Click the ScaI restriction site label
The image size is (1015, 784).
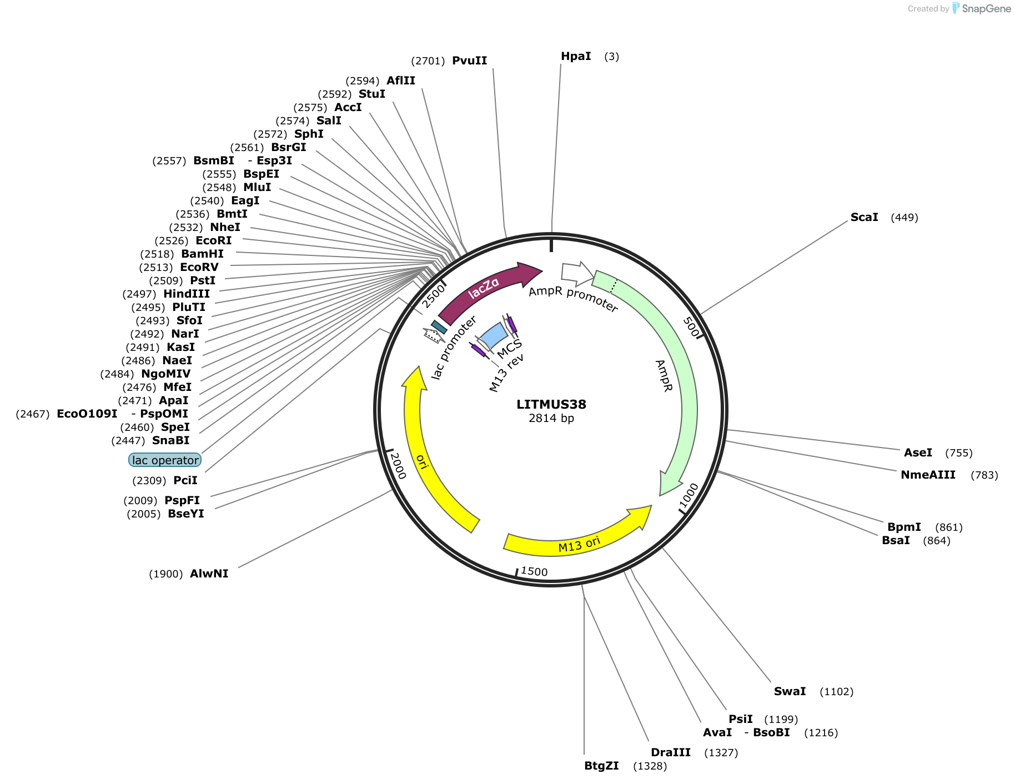click(x=864, y=217)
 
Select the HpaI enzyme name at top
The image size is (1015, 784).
click(x=576, y=56)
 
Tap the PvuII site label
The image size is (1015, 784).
click(x=469, y=61)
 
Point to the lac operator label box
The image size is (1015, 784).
click(x=165, y=460)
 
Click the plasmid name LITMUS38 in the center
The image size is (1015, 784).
click(x=551, y=404)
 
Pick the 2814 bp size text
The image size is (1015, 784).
click(x=551, y=418)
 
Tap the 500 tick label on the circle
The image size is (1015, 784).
click(x=691, y=326)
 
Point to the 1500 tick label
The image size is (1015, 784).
click(x=534, y=571)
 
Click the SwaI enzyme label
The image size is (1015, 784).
click(x=790, y=691)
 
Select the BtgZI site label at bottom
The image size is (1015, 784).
click(x=601, y=766)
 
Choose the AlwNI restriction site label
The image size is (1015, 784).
click(x=209, y=574)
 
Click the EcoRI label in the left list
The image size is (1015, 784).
click(x=213, y=240)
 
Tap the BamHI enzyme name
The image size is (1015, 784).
click(x=202, y=254)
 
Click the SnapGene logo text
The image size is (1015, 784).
click(x=986, y=8)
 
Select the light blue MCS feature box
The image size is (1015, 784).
click(x=493, y=335)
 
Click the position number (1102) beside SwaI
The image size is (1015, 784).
click(x=836, y=691)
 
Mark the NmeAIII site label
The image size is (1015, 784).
click(x=928, y=475)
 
